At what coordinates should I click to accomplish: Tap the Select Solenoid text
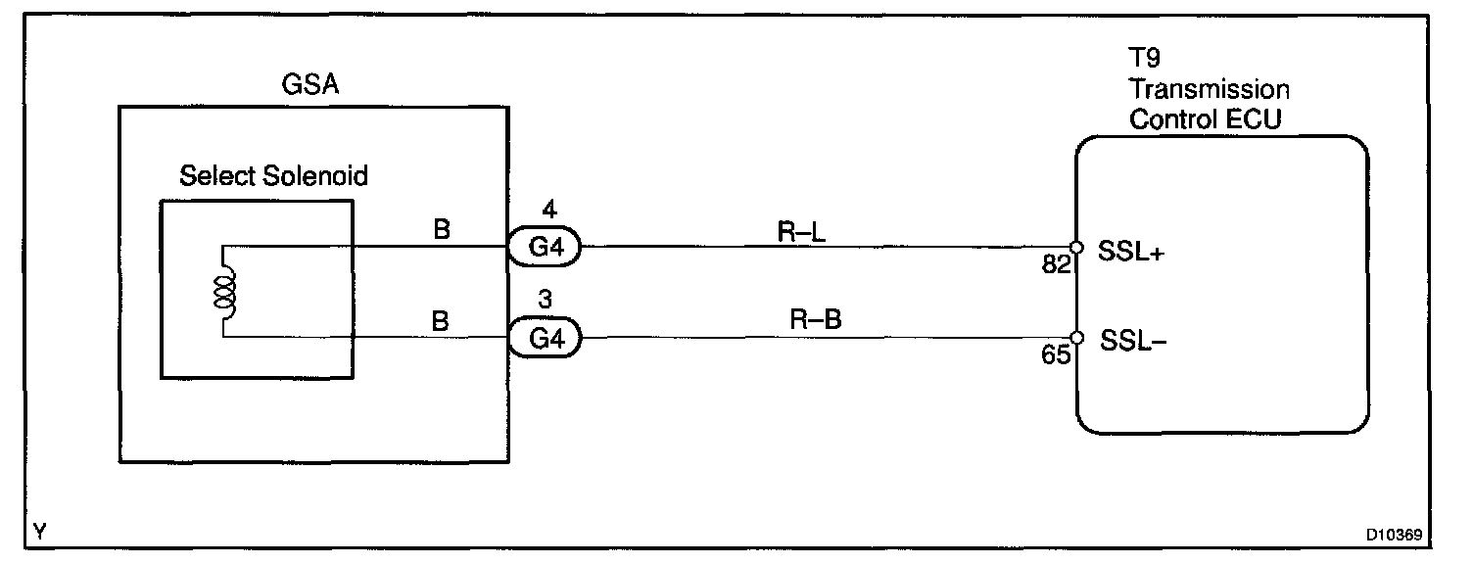coord(273,177)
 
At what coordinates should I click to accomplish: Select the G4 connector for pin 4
coord(544,247)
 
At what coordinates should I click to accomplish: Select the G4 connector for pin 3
coord(544,339)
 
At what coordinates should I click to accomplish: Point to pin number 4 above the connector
coord(549,210)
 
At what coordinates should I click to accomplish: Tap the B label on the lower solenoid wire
coord(441,321)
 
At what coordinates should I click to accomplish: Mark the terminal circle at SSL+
coord(1075,247)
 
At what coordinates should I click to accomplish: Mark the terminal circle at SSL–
coord(1075,338)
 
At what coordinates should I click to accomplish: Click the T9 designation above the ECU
coord(1144,61)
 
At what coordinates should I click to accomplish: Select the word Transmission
coord(1209,90)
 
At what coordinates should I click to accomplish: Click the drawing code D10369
coord(1394,536)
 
